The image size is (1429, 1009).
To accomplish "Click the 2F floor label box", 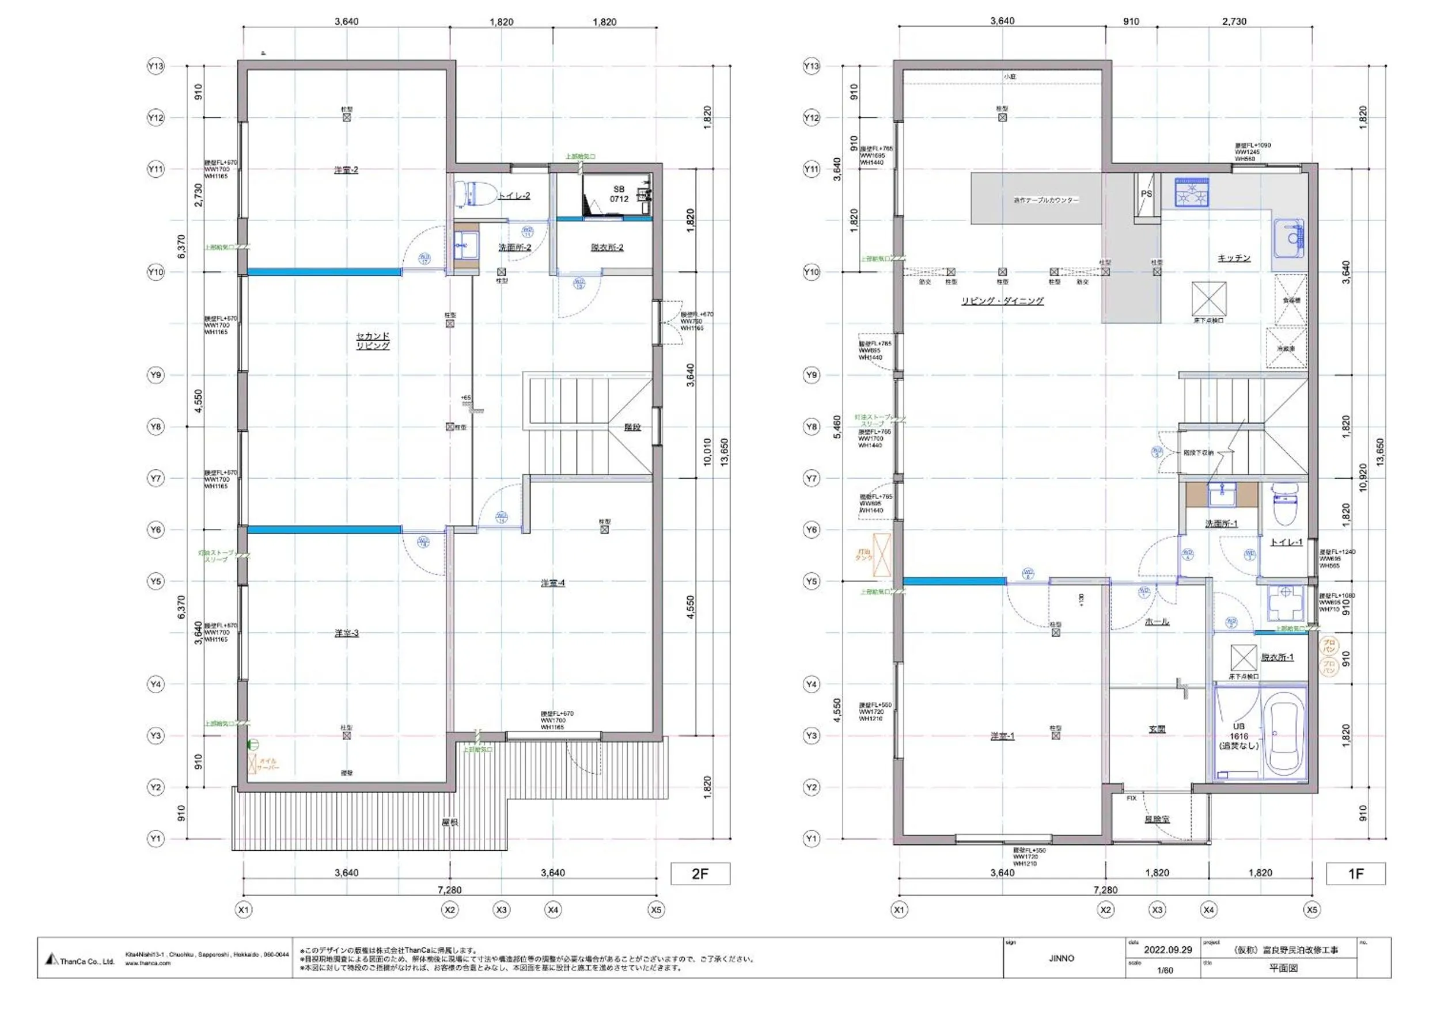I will (x=700, y=874).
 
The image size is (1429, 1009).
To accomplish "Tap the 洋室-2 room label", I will (x=346, y=170).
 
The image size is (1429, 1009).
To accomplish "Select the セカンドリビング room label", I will (x=373, y=341).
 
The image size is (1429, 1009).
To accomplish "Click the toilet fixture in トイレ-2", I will (x=473, y=193).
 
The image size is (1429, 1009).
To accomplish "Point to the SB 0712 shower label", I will (x=619, y=194).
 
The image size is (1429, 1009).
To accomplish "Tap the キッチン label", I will (x=1234, y=258).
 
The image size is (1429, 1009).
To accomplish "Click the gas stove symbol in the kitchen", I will (x=1192, y=192).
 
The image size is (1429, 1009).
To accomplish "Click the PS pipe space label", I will (x=1146, y=194).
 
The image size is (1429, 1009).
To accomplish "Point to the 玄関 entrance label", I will (x=1157, y=729).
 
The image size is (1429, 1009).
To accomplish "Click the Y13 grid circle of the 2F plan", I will (x=156, y=66).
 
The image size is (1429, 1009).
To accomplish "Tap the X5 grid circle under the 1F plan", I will (x=1312, y=909).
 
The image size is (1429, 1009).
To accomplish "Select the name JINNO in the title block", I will (x=1061, y=958).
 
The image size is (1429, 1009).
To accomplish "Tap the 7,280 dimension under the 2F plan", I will (x=449, y=890).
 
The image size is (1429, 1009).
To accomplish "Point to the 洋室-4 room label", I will (x=553, y=583).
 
